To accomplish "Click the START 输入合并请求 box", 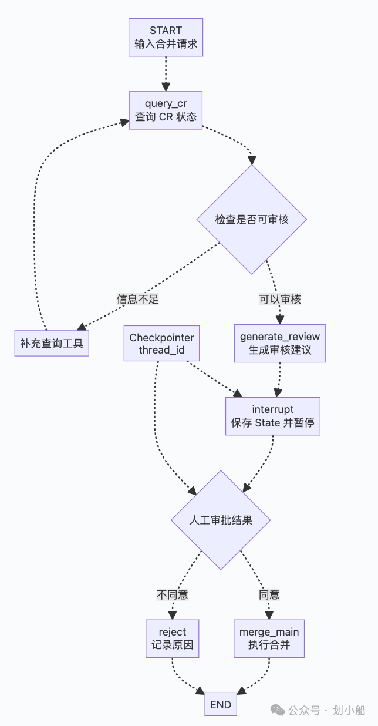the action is click(166, 37).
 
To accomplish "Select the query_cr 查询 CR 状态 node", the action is click(166, 110).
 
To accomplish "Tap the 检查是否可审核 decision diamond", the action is click(252, 220).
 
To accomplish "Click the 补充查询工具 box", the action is click(52, 343).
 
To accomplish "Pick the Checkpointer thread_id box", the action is click(161, 343).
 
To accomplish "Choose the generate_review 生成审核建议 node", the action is click(280, 343).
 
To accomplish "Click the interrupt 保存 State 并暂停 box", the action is click(273, 416).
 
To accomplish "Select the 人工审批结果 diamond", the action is click(221, 520).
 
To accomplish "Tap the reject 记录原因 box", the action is click(173, 638).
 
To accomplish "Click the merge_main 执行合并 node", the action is click(269, 638).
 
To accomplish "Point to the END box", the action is click(221, 704).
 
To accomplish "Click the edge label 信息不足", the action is click(138, 299).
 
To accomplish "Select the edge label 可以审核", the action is click(280, 299).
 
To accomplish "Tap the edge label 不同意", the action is click(173, 595).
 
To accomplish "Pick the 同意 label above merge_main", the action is click(269, 595).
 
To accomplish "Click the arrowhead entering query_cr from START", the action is click(166, 87).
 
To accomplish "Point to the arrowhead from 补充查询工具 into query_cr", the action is click(124, 122).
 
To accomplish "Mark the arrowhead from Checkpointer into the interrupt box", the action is click(238, 394).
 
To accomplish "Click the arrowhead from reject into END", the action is click(200, 691).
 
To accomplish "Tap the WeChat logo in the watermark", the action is click(277, 710).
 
